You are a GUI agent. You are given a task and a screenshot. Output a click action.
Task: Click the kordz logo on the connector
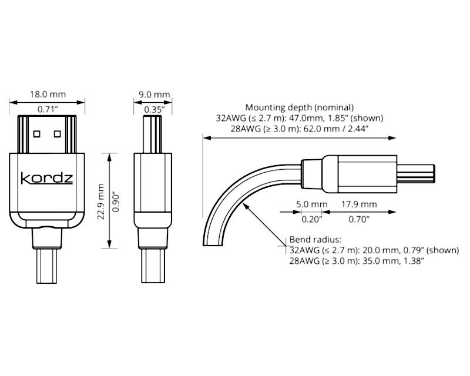(x=47, y=178)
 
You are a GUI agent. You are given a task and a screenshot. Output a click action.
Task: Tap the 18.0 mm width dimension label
(x=48, y=94)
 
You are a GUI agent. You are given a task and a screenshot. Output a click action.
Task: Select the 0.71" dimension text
(x=48, y=109)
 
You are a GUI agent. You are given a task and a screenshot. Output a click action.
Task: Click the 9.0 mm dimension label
(x=154, y=95)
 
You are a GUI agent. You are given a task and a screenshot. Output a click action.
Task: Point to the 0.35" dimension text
(x=155, y=109)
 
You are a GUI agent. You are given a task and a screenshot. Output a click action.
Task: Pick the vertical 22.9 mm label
(x=100, y=202)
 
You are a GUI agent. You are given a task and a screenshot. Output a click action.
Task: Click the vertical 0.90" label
(x=116, y=203)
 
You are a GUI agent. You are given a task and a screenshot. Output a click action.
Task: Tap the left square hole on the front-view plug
(x=36, y=134)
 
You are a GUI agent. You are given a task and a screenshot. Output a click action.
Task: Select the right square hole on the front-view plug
(x=57, y=134)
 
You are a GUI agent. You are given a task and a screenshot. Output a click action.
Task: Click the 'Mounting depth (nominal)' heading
(x=300, y=107)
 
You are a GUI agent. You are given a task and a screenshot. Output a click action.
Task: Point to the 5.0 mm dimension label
(x=312, y=204)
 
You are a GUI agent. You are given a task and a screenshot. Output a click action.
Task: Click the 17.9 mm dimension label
(x=359, y=204)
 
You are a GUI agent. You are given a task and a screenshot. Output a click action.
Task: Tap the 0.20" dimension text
(x=312, y=219)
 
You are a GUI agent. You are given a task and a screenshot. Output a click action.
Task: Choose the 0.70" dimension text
(x=359, y=219)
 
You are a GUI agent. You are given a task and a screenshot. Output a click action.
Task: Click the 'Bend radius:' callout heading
(x=315, y=240)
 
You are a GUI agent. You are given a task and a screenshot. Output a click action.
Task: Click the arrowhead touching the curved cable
(x=245, y=206)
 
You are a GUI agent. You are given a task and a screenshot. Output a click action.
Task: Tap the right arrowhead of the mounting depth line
(x=392, y=138)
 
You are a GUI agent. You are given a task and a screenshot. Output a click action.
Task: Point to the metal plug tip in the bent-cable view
(x=416, y=174)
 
